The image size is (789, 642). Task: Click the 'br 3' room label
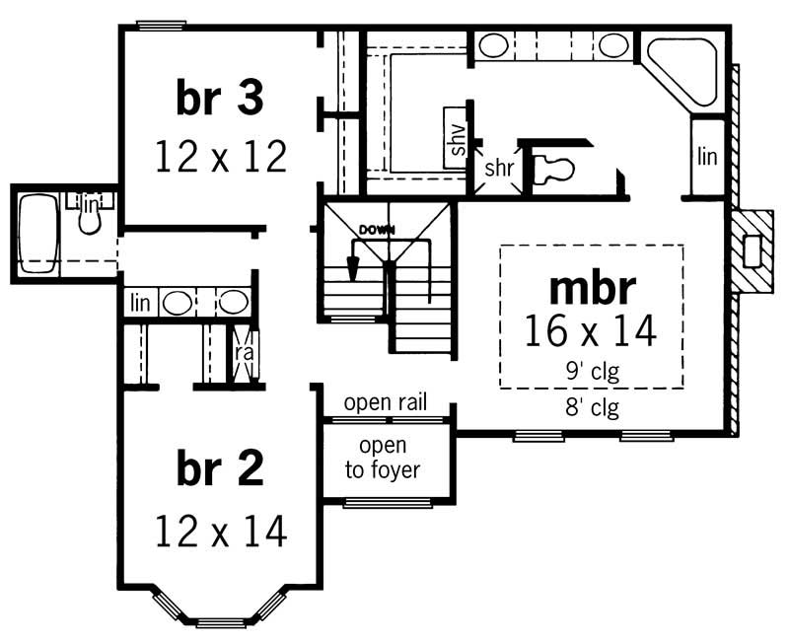click(220, 99)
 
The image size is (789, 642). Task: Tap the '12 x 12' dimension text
click(220, 156)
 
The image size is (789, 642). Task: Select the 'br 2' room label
click(220, 470)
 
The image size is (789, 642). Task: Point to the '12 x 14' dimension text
click(220, 532)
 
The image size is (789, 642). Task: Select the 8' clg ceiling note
click(591, 405)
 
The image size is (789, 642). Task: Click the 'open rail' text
click(386, 403)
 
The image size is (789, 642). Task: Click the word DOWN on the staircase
click(377, 230)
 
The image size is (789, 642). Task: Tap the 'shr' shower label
click(498, 168)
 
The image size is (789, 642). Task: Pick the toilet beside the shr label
click(552, 170)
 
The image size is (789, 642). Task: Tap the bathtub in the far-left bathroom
click(39, 233)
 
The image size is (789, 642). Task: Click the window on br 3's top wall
click(161, 25)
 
